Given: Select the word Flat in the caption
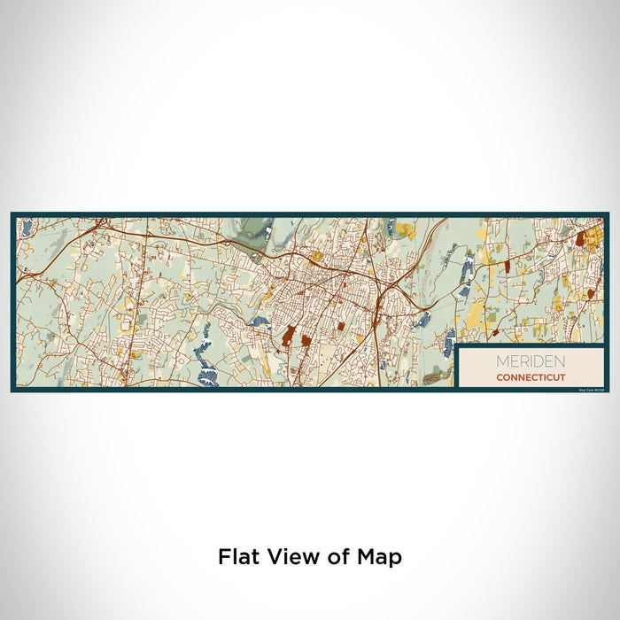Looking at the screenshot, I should [x=238, y=557].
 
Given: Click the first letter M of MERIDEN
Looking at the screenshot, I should [x=500, y=361].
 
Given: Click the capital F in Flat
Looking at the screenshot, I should [x=224, y=557].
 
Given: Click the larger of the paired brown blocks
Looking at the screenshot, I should [x=288, y=335].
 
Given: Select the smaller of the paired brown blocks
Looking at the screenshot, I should [x=305, y=339].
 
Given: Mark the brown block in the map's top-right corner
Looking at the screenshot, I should [x=580, y=238].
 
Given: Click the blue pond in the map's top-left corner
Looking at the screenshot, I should [x=27, y=228].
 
